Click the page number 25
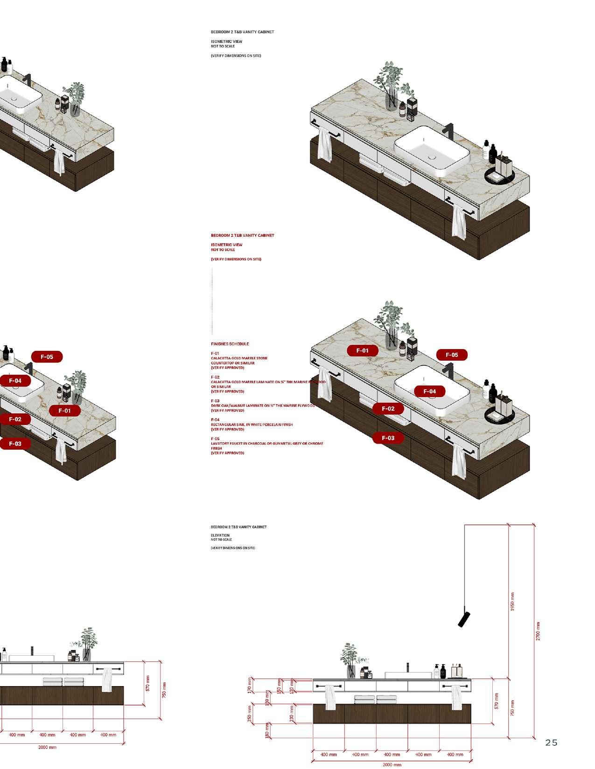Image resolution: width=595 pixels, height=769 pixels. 551,743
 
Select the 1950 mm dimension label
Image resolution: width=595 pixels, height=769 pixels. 512,602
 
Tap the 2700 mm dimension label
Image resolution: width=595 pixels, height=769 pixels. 538,631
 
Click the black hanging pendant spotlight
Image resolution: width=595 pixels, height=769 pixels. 464,618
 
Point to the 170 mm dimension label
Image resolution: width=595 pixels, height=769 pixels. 250,685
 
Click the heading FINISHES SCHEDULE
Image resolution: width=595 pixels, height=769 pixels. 230,344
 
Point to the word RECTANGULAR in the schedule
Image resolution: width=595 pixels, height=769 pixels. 222,425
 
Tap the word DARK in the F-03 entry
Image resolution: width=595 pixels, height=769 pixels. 215,405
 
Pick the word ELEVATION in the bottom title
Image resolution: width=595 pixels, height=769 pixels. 220,536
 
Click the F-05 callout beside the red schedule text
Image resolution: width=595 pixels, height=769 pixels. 452,355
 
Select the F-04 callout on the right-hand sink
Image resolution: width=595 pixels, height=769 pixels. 429,391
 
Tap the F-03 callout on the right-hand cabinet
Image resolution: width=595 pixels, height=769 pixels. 388,438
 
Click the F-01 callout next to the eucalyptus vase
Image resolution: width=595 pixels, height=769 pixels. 362,350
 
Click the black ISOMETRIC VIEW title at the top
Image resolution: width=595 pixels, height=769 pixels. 226,41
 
